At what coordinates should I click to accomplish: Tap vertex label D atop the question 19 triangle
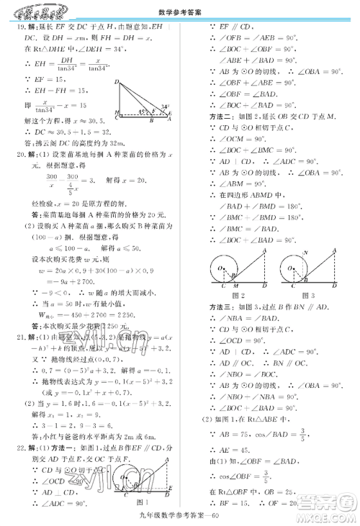pyautogui.click(x=117, y=83)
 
